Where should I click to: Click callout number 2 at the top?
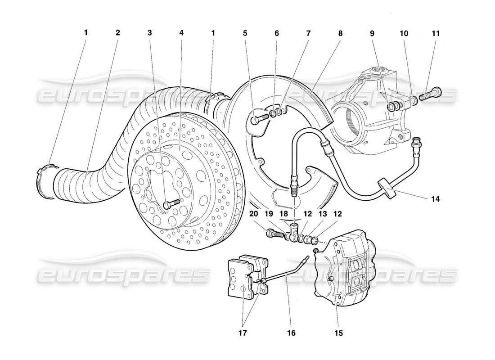click(118, 33)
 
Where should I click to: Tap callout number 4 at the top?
click(181, 33)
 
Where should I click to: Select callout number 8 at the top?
click(340, 33)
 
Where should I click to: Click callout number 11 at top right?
click(436, 33)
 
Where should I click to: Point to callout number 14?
click(436, 198)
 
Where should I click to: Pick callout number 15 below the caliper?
click(338, 333)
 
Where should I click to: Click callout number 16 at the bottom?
click(291, 333)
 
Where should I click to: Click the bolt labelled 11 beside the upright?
click(430, 95)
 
